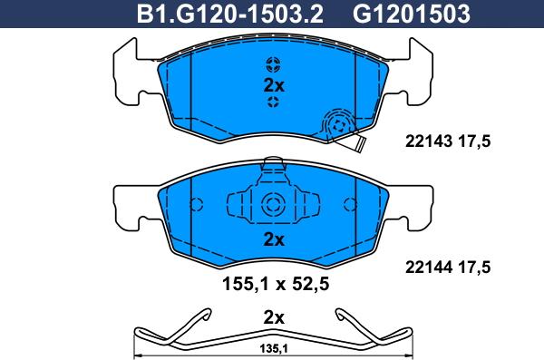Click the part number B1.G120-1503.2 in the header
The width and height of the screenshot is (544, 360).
click(x=230, y=14)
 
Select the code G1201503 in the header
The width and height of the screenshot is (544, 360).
click(x=411, y=14)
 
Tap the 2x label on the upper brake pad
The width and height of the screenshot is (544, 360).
click(x=274, y=85)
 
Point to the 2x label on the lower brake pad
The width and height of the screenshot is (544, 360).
click(x=274, y=239)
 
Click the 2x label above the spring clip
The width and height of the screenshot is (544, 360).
click(x=274, y=317)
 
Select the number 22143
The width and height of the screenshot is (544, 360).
click(x=429, y=141)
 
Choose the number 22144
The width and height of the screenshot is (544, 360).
click(x=429, y=268)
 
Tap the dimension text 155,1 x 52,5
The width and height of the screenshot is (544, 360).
click(x=275, y=285)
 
